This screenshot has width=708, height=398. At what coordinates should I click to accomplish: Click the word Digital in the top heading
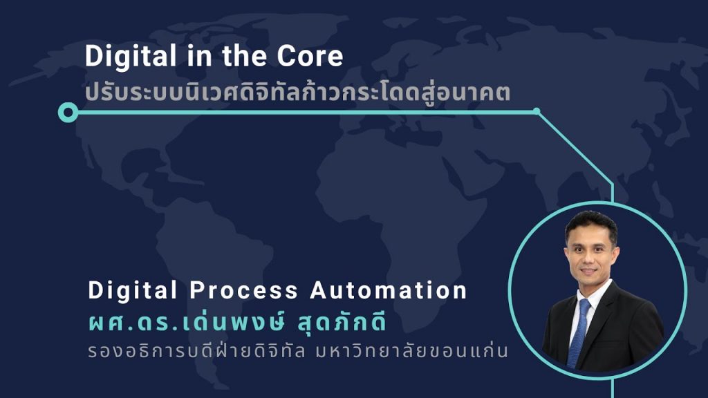tap(131, 57)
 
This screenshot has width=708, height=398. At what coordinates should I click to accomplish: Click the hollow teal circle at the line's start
tap(68, 112)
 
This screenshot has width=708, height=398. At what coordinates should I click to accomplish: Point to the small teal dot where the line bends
tap(537, 111)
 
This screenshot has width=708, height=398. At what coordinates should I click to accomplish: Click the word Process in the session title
tap(244, 290)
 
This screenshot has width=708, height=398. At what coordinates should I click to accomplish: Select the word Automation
tap(389, 290)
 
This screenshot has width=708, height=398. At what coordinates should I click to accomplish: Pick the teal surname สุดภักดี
tap(342, 322)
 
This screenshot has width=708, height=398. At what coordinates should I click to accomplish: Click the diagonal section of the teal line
tap(575, 148)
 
